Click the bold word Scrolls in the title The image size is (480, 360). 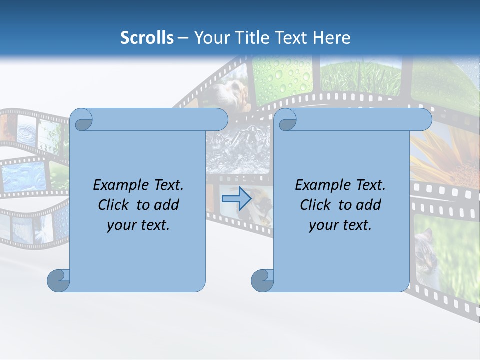147,38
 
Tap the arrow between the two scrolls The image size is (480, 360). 236,198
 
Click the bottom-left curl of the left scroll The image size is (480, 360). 58,280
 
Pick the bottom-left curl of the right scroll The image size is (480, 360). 262,280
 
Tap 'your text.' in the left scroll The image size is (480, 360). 138,225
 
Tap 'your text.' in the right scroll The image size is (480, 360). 340,225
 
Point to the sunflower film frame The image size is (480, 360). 445,155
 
